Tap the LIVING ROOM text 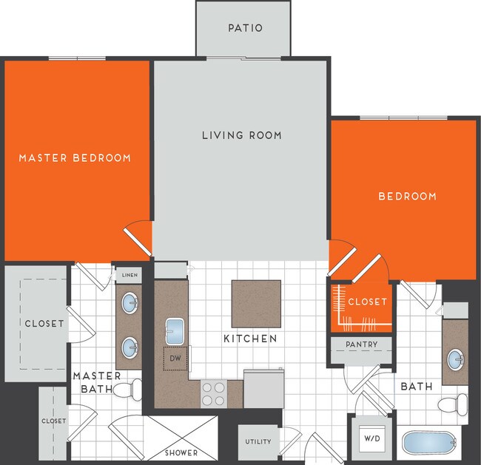pyautogui.click(x=242, y=135)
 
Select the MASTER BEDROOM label pyautogui.click(x=75, y=157)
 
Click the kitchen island pyautogui.click(x=256, y=303)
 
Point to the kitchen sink pyautogui.click(x=175, y=328)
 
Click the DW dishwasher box pyautogui.click(x=176, y=359)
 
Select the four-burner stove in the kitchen pyautogui.click(x=213, y=393)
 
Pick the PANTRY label pyautogui.click(x=362, y=344)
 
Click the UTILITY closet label pyautogui.click(x=258, y=442)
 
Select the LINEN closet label pyautogui.click(x=129, y=275)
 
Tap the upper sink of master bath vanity pyautogui.click(x=130, y=302)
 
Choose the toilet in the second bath pyautogui.click(x=454, y=404)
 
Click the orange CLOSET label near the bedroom pyautogui.click(x=367, y=302)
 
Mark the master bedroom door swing pyautogui.click(x=138, y=238)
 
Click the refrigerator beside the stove pyautogui.click(x=263, y=390)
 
